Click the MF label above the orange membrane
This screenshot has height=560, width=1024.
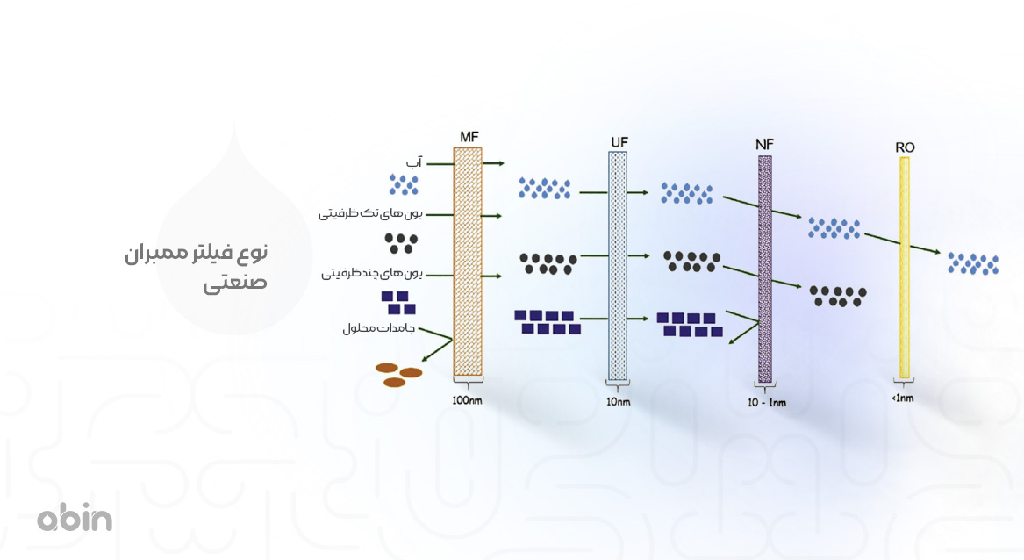469,136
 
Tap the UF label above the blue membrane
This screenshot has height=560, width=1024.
619,141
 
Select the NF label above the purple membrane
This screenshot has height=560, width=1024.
764,145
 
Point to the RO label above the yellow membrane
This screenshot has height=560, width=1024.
906,147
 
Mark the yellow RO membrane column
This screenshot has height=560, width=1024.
905,267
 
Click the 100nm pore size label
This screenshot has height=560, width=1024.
468,400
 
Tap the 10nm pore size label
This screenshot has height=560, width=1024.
619,402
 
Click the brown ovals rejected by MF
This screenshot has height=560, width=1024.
399,375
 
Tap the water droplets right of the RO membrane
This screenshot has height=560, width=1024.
973,262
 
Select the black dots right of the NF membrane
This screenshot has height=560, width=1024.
838,296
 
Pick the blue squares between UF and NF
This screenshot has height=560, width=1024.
689,324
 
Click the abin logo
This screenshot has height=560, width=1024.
75,519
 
